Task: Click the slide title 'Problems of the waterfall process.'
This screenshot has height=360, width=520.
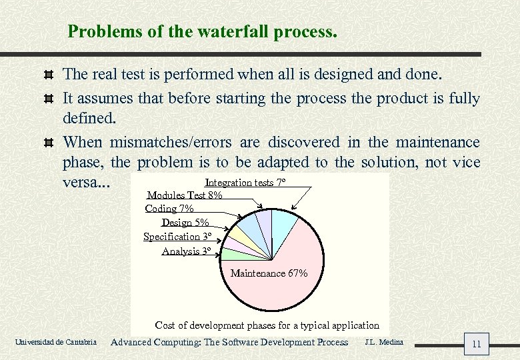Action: pos(203,31)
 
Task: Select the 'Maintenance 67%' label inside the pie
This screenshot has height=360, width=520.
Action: pos(269,273)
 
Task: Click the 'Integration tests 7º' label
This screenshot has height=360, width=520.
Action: pos(245,183)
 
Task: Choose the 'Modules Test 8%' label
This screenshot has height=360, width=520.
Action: pos(185,195)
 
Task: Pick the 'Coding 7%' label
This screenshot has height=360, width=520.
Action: pos(169,209)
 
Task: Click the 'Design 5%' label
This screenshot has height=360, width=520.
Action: pos(185,223)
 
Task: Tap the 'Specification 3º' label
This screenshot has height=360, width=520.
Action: pos(177,237)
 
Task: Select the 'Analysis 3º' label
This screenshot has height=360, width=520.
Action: pos(186,251)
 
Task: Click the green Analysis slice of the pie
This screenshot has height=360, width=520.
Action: pos(233,254)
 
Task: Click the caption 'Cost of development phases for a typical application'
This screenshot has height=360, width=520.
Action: pos(267,325)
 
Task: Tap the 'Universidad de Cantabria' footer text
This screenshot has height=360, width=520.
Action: pos(55,343)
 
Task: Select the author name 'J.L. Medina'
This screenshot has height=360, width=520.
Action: pos(384,342)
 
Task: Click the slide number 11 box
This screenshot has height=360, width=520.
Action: pos(476,344)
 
